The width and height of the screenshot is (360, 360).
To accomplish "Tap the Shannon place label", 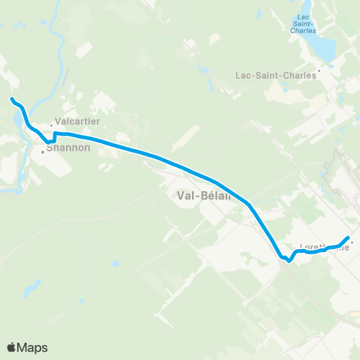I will [68, 148].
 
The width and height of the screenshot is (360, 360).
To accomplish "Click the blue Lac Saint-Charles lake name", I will [304, 24].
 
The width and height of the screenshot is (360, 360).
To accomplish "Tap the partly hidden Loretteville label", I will [324, 246].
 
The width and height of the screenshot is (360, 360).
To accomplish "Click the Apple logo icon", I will [12, 347].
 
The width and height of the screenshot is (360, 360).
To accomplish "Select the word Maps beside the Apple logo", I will [34, 348].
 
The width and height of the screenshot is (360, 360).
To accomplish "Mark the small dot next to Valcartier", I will [52, 124].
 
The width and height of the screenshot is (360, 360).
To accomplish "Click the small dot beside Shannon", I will [43, 152].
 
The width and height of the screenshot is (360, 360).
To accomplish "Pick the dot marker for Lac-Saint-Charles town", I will [319, 72].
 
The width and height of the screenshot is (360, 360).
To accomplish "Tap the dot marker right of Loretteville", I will [352, 242].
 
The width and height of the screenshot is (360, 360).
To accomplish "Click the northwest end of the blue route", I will [12, 99].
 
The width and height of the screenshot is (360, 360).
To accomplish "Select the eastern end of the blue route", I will [348, 238].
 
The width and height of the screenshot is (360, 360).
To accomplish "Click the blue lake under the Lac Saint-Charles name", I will [322, 46].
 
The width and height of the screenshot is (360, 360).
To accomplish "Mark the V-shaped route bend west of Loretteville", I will [289, 261].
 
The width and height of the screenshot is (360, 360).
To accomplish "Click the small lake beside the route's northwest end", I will [16, 118].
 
